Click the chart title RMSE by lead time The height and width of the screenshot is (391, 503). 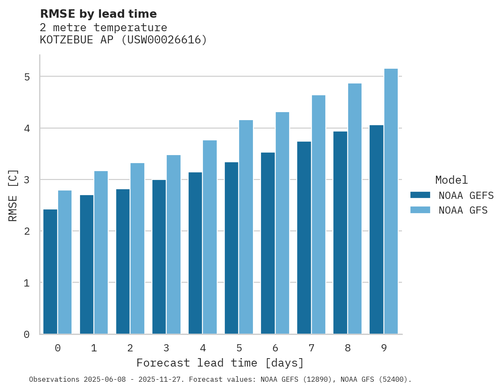98,14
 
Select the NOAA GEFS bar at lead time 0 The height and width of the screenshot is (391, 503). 50,271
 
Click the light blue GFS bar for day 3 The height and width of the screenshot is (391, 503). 173,244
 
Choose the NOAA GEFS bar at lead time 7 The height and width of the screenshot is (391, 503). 304,238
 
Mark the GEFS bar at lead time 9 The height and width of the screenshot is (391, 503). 376,229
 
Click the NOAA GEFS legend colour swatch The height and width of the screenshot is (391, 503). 420,195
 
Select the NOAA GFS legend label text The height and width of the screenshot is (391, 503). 463,210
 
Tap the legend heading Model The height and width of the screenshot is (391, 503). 451,180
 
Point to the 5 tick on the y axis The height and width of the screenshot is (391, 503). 27,77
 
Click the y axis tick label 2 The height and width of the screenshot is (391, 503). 27,231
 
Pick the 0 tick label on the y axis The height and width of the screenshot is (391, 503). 27,334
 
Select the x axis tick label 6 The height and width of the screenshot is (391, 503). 275,348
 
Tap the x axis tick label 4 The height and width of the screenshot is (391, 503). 203,348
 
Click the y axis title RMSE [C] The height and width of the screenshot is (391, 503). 13,195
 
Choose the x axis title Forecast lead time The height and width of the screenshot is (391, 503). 220,363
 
